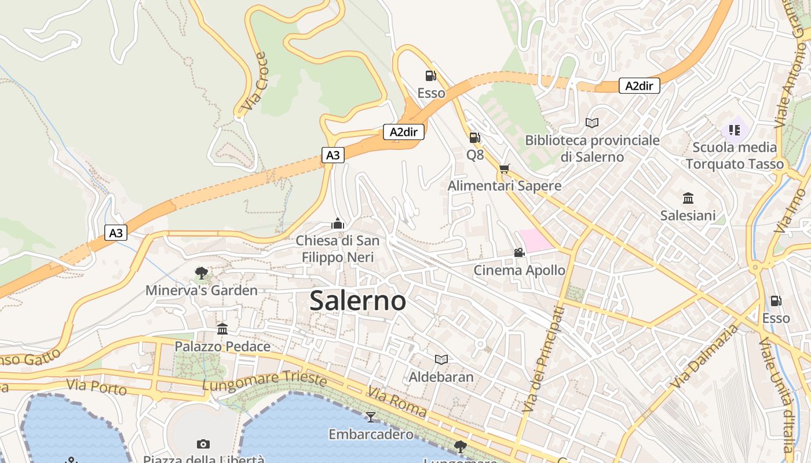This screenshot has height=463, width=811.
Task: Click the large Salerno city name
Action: (x=357, y=300)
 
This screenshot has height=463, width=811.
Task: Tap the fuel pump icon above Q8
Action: (x=474, y=138)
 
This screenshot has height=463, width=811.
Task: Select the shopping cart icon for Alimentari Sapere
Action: (x=504, y=168)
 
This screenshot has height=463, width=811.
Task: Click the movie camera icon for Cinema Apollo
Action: (x=519, y=253)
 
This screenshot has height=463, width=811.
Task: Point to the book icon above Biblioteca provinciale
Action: (x=591, y=123)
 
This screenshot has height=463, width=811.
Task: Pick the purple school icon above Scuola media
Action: (x=735, y=130)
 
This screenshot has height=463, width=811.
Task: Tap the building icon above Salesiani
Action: (x=688, y=199)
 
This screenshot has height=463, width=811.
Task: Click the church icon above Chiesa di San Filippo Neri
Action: (x=337, y=223)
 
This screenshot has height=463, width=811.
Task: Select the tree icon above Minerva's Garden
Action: (x=201, y=273)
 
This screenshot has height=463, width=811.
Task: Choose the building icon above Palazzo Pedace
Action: (x=222, y=329)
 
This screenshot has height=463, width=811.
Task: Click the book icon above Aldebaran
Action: (x=441, y=360)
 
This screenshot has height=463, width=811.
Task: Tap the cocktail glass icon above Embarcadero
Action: (x=371, y=417)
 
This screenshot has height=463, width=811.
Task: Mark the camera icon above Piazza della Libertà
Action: (x=203, y=444)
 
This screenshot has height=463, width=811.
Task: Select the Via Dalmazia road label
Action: (x=704, y=357)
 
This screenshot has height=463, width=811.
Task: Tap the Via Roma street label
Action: (x=397, y=403)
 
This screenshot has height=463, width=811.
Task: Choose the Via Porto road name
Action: (x=96, y=386)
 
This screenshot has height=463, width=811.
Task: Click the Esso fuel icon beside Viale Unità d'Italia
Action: (x=776, y=301)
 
